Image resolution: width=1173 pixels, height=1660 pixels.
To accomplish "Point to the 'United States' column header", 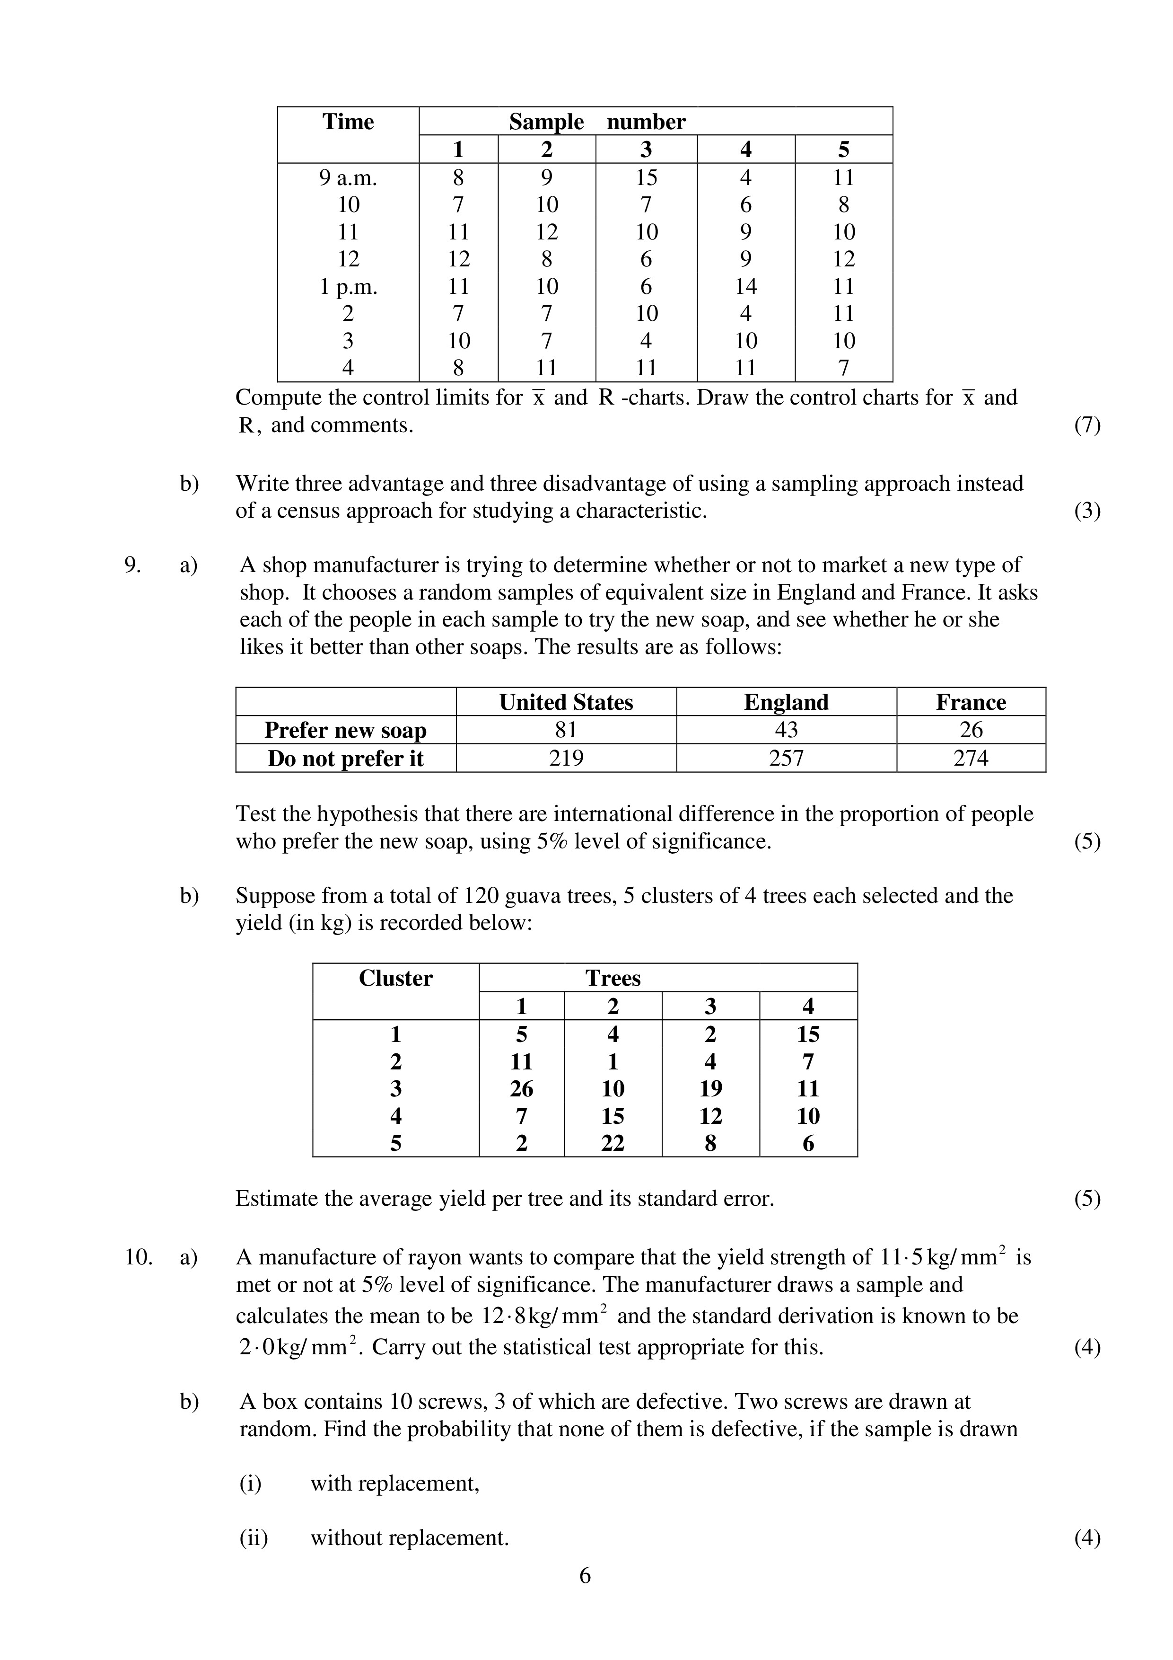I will [566, 703].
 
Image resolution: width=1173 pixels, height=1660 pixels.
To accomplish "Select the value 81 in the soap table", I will [566, 730].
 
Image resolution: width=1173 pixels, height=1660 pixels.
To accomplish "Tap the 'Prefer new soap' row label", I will [345, 730].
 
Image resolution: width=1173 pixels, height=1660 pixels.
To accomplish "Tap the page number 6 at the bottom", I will [586, 1575].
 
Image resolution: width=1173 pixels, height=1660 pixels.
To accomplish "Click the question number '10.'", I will [138, 1257].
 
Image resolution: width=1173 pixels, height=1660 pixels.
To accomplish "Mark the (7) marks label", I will [1087, 425].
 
